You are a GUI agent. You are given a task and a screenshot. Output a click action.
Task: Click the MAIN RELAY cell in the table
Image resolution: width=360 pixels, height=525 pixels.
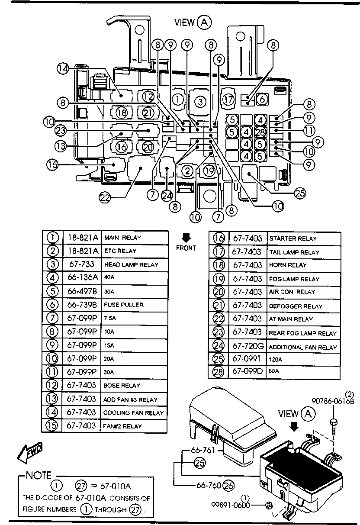(x=123, y=238)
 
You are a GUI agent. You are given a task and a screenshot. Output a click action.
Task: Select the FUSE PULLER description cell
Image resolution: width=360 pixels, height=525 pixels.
(x=124, y=305)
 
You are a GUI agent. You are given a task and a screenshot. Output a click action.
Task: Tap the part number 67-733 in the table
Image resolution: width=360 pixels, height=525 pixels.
(x=82, y=264)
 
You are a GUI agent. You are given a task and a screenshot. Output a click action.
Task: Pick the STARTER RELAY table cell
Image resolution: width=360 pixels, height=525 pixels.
(x=293, y=238)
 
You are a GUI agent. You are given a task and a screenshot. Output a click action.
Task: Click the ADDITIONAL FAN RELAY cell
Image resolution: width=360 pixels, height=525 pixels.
(x=303, y=348)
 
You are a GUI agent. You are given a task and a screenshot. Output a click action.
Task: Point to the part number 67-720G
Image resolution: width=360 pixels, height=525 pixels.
(x=248, y=346)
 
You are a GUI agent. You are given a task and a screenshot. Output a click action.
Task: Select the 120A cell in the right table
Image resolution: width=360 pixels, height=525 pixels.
(x=276, y=360)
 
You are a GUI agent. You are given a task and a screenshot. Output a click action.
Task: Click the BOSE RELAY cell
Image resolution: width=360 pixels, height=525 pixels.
(x=122, y=386)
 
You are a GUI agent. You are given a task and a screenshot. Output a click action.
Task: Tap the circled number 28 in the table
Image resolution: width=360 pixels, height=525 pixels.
(x=218, y=372)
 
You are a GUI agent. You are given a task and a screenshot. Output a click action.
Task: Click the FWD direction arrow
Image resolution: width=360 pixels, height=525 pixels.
(x=30, y=453)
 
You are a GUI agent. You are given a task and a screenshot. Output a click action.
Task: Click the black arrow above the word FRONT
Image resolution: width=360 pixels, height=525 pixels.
(x=186, y=238)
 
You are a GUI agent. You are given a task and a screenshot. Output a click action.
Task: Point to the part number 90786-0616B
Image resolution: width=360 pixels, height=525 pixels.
(x=333, y=401)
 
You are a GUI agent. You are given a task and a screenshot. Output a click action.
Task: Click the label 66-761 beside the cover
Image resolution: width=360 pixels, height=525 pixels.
(x=203, y=450)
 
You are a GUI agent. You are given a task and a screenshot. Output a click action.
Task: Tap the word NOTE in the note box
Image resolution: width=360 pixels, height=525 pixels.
(x=39, y=475)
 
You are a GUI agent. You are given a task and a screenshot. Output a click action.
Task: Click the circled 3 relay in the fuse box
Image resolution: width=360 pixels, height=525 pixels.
(x=200, y=102)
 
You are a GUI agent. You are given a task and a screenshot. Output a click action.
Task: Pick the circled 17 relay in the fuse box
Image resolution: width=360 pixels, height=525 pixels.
(x=228, y=100)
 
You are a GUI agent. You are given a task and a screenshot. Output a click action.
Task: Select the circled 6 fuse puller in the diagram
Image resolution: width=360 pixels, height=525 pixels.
(x=262, y=99)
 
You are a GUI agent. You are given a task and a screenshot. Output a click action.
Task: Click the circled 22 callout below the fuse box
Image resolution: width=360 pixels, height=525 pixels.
(x=105, y=198)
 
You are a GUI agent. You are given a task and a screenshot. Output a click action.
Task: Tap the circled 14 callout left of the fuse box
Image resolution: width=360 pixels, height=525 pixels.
(x=63, y=69)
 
